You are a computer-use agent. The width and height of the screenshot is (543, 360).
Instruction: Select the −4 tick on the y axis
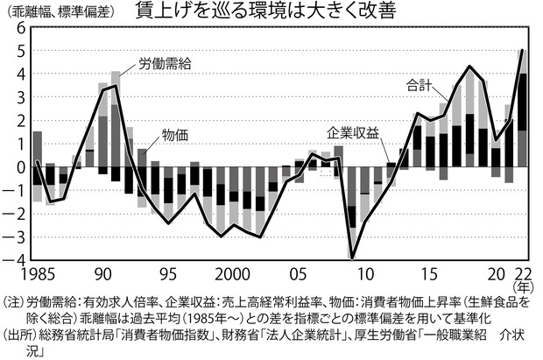18,260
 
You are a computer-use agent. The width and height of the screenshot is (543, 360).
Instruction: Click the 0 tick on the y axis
21,167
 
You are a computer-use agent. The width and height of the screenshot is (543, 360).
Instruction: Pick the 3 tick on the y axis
21,97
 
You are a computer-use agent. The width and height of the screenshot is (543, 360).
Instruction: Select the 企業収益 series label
353,132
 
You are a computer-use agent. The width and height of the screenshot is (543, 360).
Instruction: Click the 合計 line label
420,85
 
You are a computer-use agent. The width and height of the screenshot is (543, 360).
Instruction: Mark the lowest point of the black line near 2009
352,258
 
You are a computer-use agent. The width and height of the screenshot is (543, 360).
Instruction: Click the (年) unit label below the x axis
522,286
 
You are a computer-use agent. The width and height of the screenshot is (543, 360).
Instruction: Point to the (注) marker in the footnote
15,300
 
